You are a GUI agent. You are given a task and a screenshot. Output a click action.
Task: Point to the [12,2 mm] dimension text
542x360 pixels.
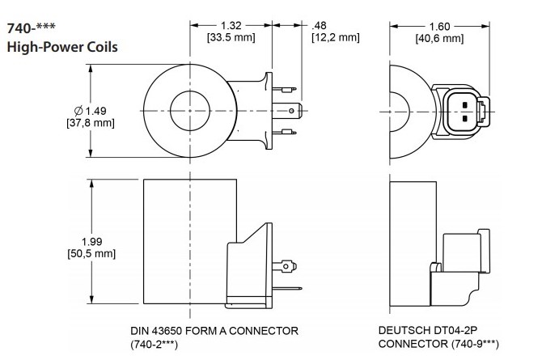click(x=334, y=36)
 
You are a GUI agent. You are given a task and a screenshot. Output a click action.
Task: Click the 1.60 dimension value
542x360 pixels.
click(x=438, y=24)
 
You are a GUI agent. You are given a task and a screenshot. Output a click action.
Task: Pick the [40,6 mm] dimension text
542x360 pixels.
click(x=438, y=37)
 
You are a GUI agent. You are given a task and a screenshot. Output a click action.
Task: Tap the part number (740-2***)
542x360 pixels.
click(x=154, y=344)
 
